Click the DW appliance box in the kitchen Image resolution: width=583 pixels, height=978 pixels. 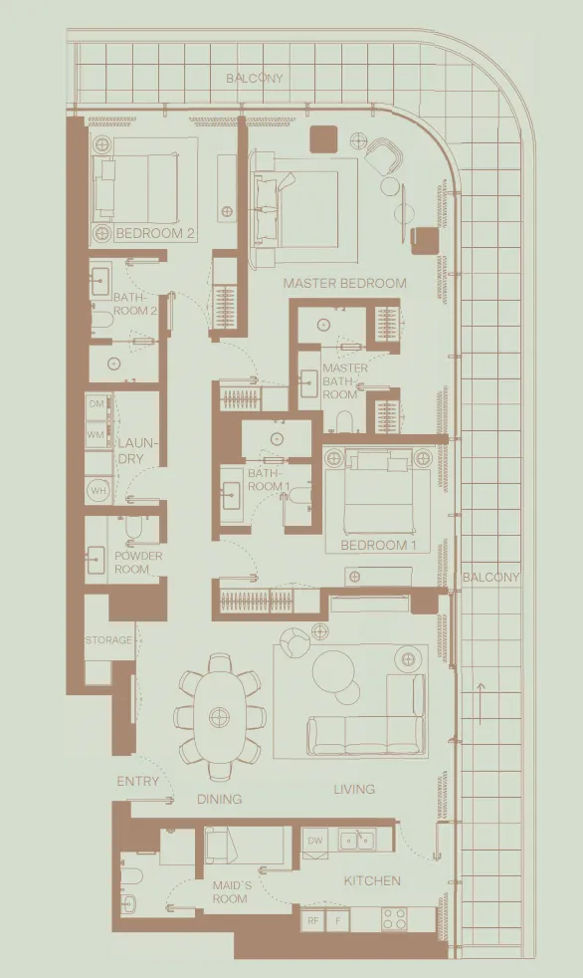[315, 841]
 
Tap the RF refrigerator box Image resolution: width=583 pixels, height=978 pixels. [313, 921]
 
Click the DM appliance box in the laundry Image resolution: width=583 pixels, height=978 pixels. [97, 404]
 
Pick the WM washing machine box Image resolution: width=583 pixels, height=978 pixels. [97, 434]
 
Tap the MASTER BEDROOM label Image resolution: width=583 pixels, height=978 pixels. [344, 283]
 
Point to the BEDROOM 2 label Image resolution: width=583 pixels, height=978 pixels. [155, 234]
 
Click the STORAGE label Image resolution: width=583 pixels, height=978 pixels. [108, 640]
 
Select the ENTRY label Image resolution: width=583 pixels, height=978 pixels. [137, 782]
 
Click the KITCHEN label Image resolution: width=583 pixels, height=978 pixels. [372, 880]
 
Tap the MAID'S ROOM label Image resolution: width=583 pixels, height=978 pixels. [230, 891]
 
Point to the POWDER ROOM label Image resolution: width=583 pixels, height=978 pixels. [138, 563]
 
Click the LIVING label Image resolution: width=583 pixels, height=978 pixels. [354, 789]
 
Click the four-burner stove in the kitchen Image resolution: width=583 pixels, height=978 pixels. [395, 920]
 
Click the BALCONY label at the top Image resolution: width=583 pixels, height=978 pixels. [254, 78]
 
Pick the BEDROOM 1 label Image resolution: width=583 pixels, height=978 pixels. [378, 546]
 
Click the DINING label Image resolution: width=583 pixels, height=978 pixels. [219, 799]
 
